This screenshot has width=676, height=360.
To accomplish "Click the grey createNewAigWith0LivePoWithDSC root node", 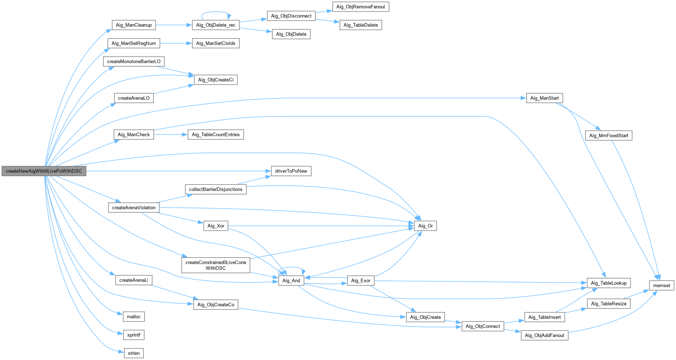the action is tap(44, 171).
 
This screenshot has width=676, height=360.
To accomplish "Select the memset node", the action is tap(662, 285).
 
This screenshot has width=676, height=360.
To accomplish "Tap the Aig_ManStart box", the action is tap(544, 98).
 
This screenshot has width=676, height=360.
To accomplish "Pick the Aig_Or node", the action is tap(425, 226).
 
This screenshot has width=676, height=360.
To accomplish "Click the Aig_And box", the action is tap(291, 281).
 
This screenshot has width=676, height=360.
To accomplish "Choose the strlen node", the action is tap(134, 353).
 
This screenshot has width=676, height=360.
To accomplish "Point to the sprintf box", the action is tap(134, 335).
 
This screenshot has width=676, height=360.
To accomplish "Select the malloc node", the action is tap(134, 317).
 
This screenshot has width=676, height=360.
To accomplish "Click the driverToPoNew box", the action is tap(291, 171).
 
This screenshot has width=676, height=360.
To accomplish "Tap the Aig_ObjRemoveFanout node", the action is tap(361, 7).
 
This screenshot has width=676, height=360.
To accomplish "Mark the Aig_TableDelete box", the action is tap(361, 25).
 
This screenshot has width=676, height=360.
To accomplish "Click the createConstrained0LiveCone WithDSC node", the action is tap(216, 265).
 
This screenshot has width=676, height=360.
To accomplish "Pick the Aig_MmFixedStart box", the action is tap(609, 135).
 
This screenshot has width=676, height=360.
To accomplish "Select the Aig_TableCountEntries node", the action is tap(216, 134).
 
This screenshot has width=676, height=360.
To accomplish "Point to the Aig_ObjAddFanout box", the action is tap(544, 335).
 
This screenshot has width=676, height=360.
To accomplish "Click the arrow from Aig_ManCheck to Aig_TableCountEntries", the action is tap(171, 134).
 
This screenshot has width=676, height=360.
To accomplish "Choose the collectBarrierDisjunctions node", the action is tap(216, 189).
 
